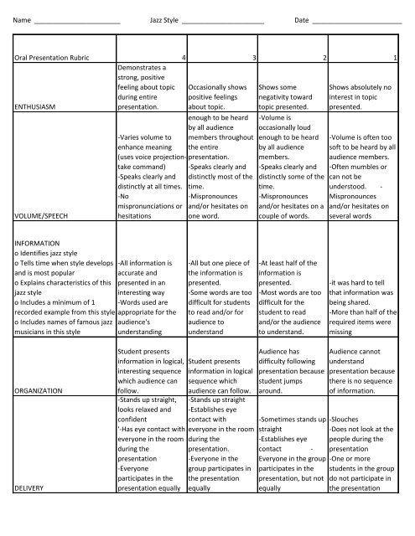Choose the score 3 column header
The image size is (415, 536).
click(253, 57)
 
